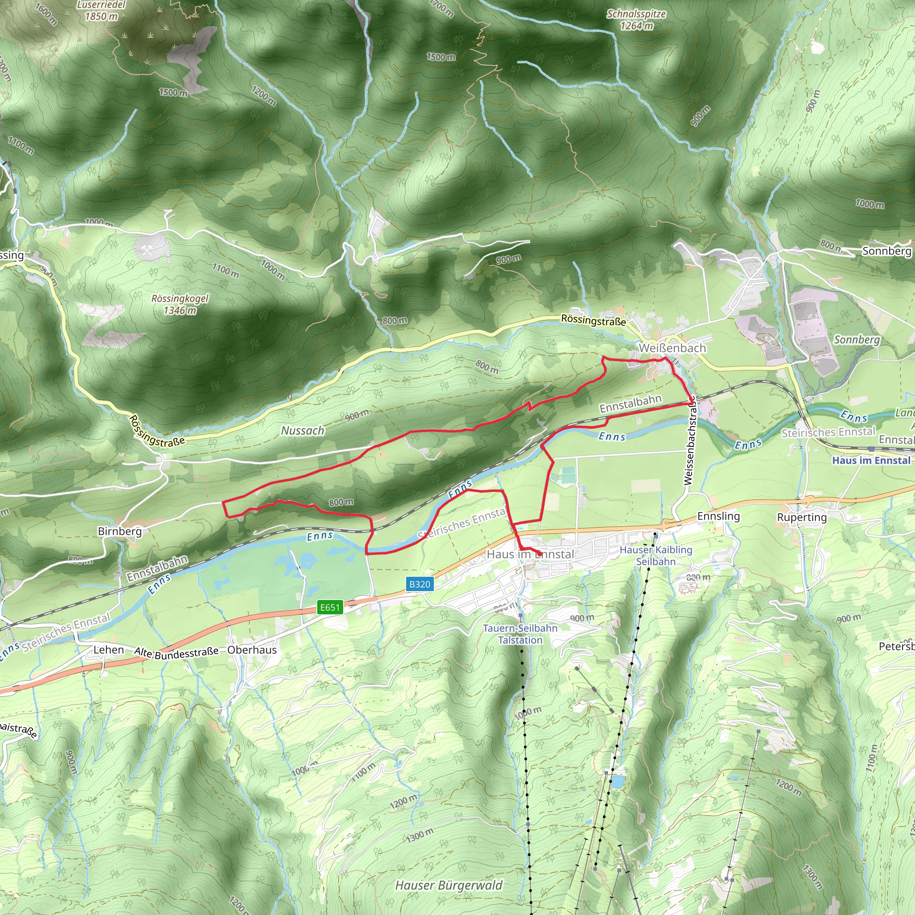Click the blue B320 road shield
tap(420, 584)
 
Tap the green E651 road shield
tap(330, 607)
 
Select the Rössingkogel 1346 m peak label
tap(180, 305)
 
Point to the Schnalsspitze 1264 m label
tap(636, 20)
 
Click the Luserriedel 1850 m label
tap(101, 10)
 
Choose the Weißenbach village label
tap(672, 348)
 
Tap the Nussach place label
tap(302, 431)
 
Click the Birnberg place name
tap(120, 531)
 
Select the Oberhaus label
tap(252, 650)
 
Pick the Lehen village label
tap(109, 650)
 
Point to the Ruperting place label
tap(802, 517)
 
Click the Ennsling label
tap(718, 516)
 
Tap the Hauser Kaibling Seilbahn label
tap(656, 555)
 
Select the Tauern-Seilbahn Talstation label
tap(520, 634)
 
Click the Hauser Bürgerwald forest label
tap(449, 885)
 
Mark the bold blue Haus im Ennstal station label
tap(871, 460)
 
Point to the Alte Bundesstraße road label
tap(176, 653)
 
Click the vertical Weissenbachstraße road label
tap(689, 441)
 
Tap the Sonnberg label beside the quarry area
tap(857, 340)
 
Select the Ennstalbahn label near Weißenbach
tap(630, 403)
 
